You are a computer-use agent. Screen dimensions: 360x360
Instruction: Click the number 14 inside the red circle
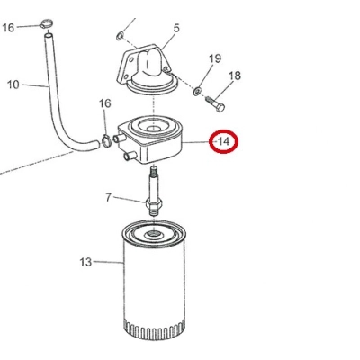tap(224, 141)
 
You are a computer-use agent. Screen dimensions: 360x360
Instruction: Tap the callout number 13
tap(85, 262)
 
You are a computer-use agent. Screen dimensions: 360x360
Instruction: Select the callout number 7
tap(108, 197)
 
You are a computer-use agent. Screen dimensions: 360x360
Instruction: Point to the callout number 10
tap(13, 85)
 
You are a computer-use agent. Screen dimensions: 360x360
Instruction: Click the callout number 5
tap(176, 28)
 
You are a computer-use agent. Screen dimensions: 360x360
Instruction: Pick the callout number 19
tap(215, 58)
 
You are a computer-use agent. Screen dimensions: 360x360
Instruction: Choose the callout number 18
tap(235, 76)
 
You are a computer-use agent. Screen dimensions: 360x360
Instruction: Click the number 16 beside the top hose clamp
tap(8, 28)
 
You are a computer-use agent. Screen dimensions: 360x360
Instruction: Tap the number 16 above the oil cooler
tap(105, 103)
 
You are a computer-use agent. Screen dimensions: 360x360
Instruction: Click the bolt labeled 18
tap(215, 103)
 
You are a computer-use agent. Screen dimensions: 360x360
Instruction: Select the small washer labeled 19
tap(197, 90)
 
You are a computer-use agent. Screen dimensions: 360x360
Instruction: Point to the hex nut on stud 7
tap(154, 204)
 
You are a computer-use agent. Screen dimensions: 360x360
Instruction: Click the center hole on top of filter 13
tap(153, 233)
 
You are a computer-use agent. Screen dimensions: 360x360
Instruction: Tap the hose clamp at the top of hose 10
tap(46, 23)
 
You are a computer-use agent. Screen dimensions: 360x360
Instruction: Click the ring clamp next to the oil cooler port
tap(106, 141)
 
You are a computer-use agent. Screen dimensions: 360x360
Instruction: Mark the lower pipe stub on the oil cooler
tap(130, 156)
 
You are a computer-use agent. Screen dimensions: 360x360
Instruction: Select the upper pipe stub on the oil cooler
tap(119, 139)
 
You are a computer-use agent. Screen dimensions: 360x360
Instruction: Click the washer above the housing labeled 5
tap(120, 36)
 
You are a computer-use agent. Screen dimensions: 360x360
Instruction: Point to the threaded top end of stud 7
tap(153, 172)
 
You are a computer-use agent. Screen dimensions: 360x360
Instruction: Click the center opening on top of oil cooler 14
tap(154, 127)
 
